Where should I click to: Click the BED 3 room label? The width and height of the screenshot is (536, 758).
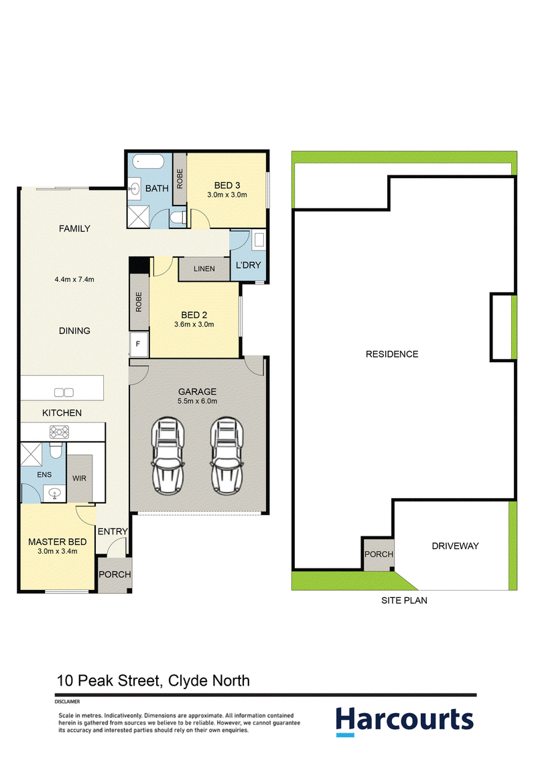227,185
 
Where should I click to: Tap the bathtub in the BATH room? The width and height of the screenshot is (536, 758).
149,161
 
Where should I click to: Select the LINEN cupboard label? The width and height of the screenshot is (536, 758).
204,269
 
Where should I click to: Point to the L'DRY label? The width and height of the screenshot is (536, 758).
248,265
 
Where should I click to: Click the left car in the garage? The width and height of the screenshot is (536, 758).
168,455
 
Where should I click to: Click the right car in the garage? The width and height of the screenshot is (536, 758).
227,455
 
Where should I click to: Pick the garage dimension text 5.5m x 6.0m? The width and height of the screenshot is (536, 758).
198,401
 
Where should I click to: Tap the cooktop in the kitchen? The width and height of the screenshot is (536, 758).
59,432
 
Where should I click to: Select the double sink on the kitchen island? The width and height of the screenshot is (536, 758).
64,392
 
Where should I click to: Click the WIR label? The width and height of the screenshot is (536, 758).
79,478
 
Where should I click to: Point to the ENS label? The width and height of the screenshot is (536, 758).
44,475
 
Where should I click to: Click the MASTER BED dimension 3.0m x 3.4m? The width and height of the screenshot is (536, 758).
58,551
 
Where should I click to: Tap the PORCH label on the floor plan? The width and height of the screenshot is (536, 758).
115,575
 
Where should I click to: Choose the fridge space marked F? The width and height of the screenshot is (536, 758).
138,344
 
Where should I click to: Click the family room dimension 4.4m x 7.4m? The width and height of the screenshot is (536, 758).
74,279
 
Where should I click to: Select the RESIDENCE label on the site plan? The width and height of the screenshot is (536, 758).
392,354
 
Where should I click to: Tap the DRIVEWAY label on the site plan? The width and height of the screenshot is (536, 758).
455,546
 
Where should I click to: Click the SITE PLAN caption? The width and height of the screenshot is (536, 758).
405,601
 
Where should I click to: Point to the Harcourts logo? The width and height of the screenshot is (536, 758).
405,721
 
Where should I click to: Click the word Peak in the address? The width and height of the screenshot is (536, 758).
96,680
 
